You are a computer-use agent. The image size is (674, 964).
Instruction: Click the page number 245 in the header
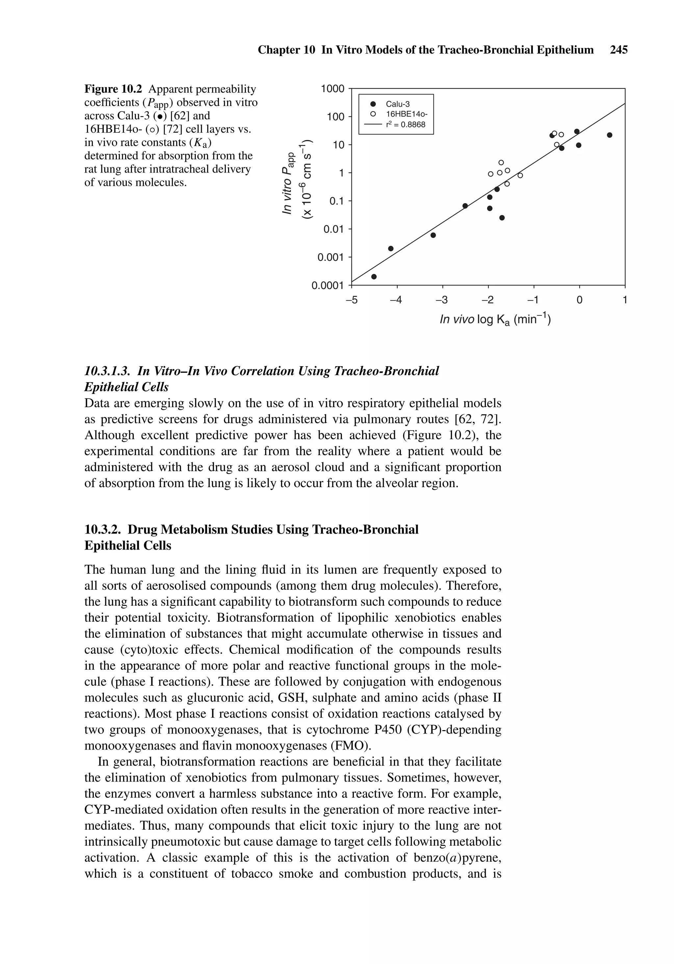(619, 50)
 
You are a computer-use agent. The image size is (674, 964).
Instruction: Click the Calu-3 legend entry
(398, 104)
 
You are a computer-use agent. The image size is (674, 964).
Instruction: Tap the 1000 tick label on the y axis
(332, 89)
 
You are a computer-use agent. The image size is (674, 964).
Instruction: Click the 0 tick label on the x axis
(579, 300)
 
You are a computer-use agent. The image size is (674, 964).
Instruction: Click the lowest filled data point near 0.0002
(374, 277)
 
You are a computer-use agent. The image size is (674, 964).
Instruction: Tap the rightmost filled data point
(609, 135)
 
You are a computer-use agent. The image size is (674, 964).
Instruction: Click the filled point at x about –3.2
(433, 235)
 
